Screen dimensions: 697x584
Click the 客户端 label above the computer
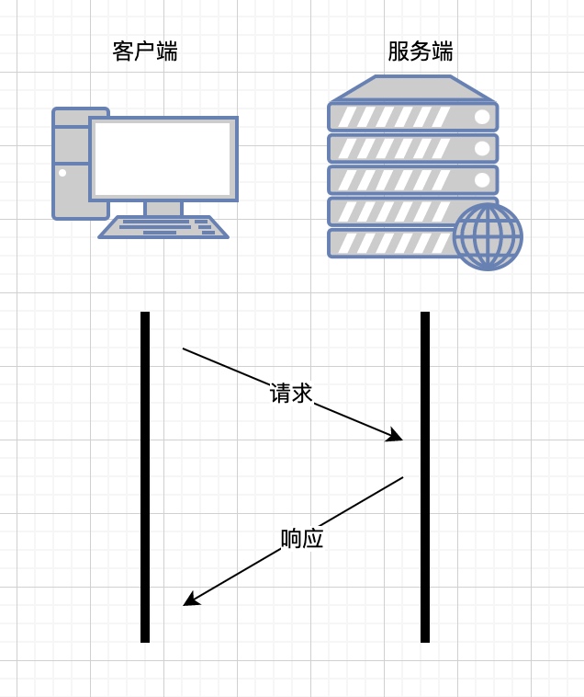pyautogui.click(x=145, y=51)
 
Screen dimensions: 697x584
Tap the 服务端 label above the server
pyautogui.click(x=421, y=51)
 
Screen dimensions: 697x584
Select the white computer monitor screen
pyautogui.click(x=163, y=158)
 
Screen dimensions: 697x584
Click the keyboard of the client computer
pyautogui.click(x=163, y=227)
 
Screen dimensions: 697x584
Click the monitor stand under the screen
pyautogui.click(x=163, y=209)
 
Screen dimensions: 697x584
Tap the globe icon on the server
pyautogui.click(x=488, y=236)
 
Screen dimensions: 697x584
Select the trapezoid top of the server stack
pyautogui.click(x=413, y=88)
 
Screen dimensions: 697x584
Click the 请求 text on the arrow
pyautogui.click(x=291, y=394)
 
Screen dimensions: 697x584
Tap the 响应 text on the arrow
pyautogui.click(x=302, y=539)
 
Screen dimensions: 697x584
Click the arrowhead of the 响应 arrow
pyautogui.click(x=189, y=600)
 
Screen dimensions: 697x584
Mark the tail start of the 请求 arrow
pyautogui.click(x=184, y=349)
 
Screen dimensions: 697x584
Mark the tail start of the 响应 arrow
pyautogui.click(x=402, y=477)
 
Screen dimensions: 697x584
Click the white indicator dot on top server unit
pyautogui.click(x=482, y=117)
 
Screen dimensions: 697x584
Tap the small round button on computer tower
pyautogui.click(x=62, y=172)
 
